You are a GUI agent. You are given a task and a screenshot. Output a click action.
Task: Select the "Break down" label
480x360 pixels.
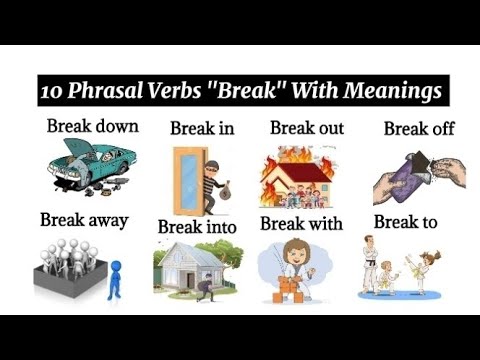(x=92, y=127)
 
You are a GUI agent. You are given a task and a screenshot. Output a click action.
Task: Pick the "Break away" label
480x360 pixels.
(x=83, y=219)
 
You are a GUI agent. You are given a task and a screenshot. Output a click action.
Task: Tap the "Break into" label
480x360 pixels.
(x=196, y=226)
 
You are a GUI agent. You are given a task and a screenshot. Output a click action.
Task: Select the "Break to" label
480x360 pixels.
(x=405, y=221)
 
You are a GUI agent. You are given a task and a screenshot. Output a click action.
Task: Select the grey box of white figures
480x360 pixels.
(x=69, y=271)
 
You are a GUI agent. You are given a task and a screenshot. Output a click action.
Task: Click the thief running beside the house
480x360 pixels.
(x=204, y=289)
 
